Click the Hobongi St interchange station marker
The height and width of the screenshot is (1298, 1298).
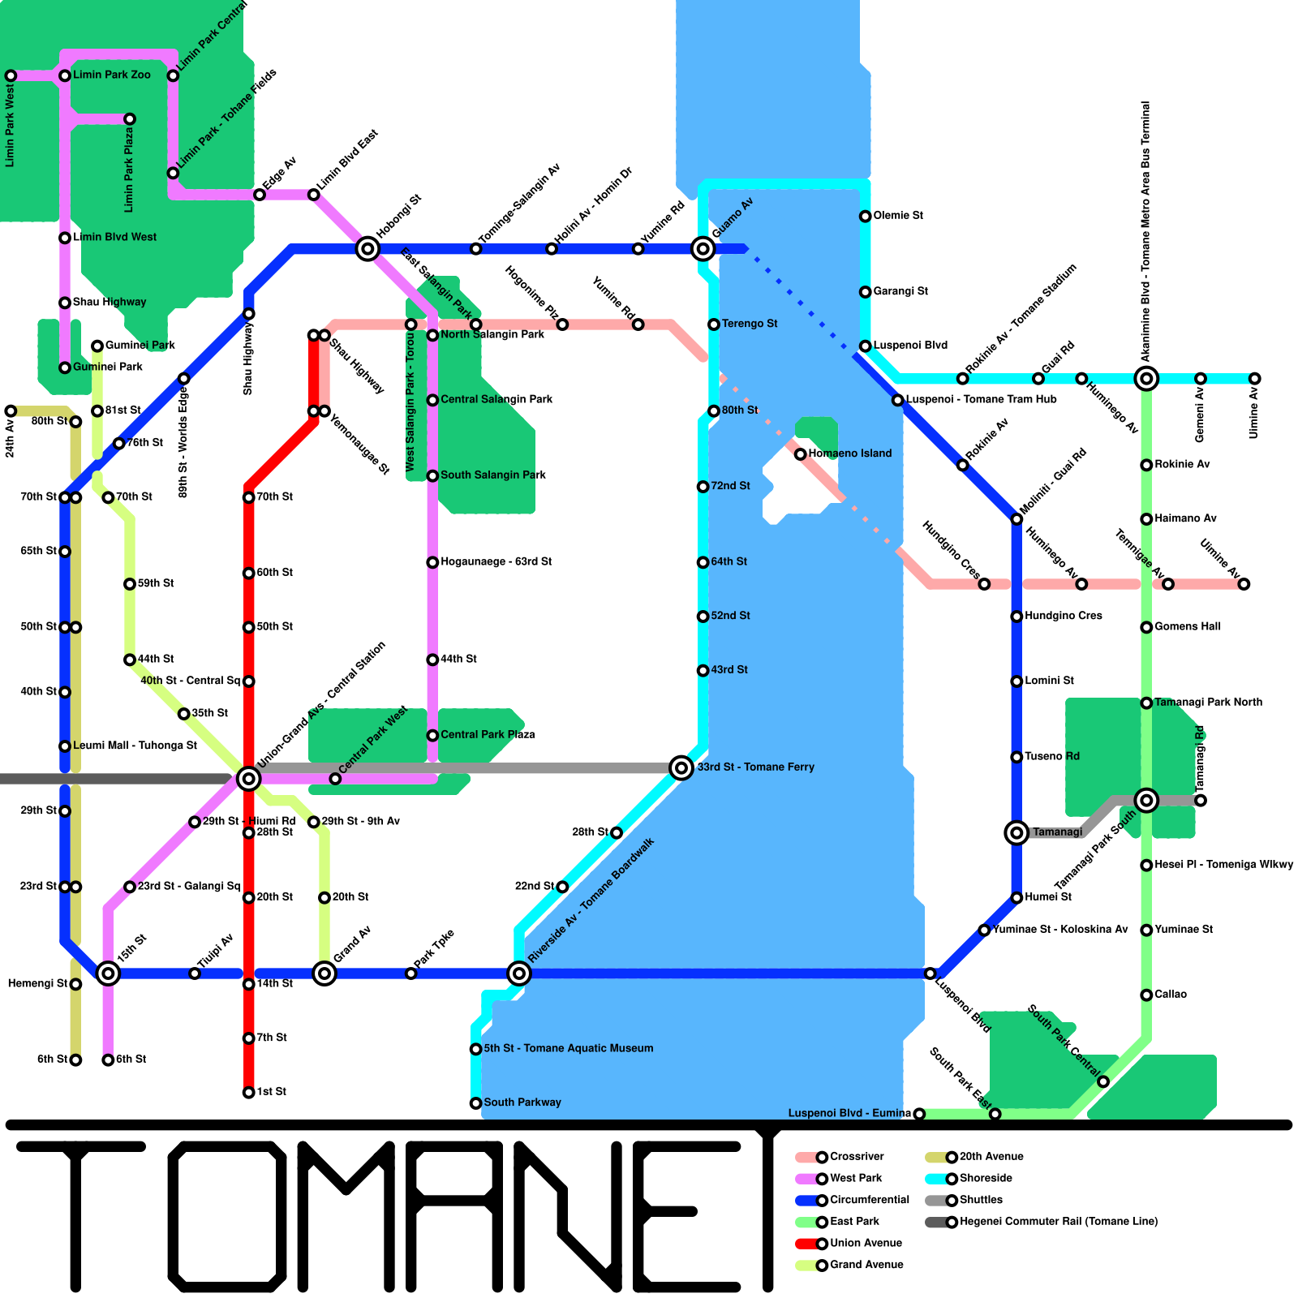[367, 248]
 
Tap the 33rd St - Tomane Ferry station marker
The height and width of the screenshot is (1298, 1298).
[681, 767]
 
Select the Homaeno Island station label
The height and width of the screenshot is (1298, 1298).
[849, 453]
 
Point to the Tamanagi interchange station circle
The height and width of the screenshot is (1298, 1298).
[1016, 832]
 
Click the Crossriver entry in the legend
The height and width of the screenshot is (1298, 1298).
[856, 1157]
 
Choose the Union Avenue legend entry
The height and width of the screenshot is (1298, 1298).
[865, 1243]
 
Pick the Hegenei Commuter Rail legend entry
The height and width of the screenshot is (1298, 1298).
[1058, 1222]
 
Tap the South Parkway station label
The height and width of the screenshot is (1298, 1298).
[522, 1102]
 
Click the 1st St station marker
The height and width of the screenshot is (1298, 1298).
[248, 1093]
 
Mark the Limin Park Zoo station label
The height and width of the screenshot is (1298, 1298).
[111, 75]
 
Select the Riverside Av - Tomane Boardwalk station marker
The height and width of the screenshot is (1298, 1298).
[519, 973]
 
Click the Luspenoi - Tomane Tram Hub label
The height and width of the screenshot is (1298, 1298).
[981, 399]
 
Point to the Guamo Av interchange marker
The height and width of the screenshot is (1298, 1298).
[703, 248]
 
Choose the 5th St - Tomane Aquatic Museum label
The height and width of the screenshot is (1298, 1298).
[568, 1048]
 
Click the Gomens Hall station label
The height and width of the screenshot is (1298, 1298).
[1187, 626]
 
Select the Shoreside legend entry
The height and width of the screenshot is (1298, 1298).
[985, 1178]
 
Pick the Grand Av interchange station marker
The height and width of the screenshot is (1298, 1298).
[324, 973]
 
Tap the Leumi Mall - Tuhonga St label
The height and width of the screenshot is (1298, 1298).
[135, 746]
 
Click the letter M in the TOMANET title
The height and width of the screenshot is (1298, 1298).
[349, 1217]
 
